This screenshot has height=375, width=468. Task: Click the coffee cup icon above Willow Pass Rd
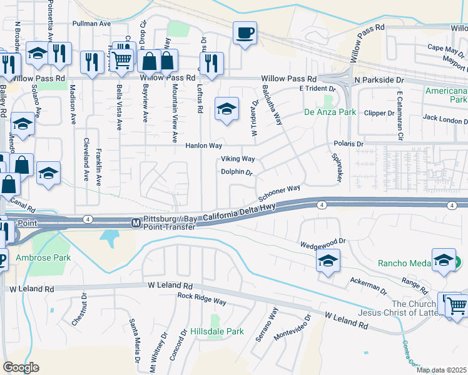pyautogui.click(x=245, y=32)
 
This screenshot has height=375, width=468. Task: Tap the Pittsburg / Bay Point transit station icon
pyautogui.click(x=135, y=223)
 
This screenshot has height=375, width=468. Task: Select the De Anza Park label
pyautogui.click(x=330, y=112)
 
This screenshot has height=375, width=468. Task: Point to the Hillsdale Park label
pyautogui.click(x=216, y=331)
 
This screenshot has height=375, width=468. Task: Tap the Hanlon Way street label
pyautogui.click(x=204, y=146)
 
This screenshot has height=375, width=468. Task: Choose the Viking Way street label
pyautogui.click(x=237, y=159)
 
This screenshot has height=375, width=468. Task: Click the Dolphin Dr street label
pyautogui.click(x=236, y=172)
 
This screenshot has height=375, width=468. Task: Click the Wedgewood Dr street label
pyautogui.click(x=323, y=242)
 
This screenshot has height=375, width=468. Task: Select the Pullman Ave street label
pyautogui.click(x=91, y=23)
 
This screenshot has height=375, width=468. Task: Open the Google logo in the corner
pyautogui.click(x=21, y=367)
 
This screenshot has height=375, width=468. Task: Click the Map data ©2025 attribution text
pyautogui.click(x=441, y=370)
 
